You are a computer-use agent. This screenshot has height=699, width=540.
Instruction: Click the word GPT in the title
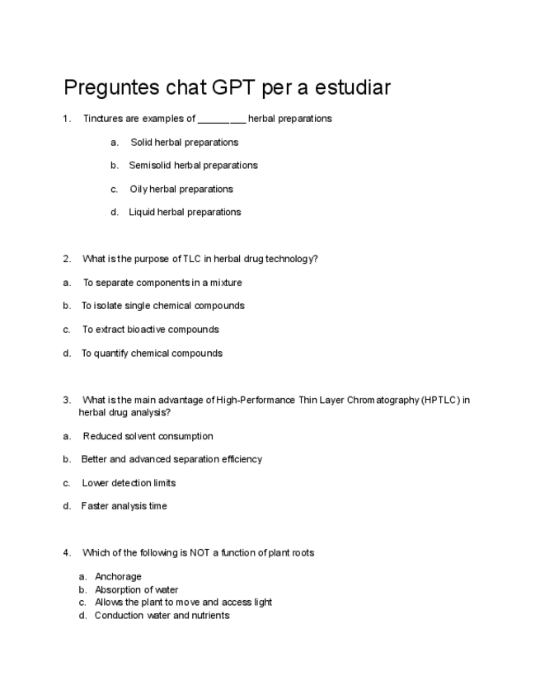coord(234,87)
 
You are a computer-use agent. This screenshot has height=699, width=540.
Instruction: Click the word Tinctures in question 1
coord(103,119)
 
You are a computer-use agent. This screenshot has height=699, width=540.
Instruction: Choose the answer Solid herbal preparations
coord(184,143)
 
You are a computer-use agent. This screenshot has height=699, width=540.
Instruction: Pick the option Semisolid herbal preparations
coord(193,166)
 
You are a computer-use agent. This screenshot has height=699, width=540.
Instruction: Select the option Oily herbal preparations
coord(181,189)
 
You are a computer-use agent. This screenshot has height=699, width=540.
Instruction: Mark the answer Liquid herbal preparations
coord(185,212)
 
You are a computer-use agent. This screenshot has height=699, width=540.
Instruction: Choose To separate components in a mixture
coord(162,283)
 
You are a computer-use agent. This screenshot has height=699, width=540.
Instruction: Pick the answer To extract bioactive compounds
coord(150,330)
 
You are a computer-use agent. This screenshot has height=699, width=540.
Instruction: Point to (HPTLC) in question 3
coord(439,401)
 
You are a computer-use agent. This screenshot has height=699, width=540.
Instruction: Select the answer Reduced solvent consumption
coord(148,436)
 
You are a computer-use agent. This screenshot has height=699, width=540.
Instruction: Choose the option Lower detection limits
coord(129,483)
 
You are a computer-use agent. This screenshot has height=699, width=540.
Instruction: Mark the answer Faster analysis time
coord(124,506)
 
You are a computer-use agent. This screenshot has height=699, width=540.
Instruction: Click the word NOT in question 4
coord(200,553)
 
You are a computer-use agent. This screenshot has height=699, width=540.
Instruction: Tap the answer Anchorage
coord(118,577)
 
